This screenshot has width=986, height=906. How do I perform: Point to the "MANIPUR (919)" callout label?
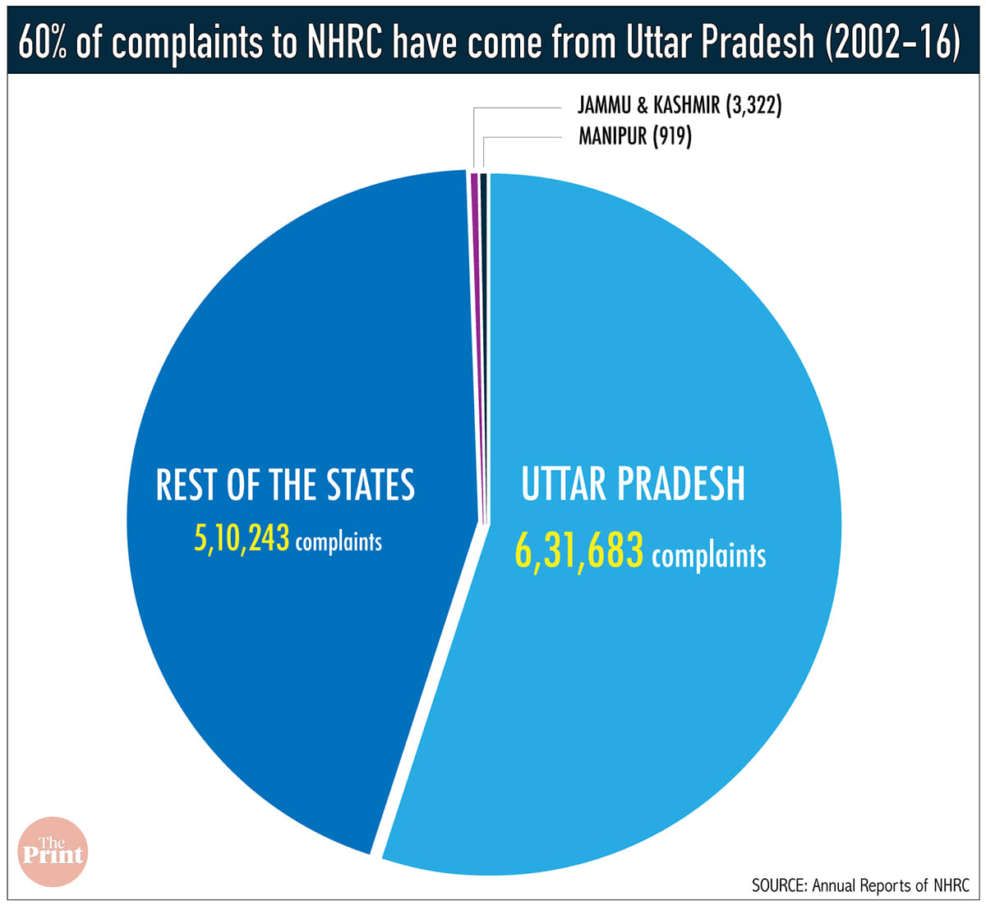tap(634, 136)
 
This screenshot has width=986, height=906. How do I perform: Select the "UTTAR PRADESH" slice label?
tap(633, 485)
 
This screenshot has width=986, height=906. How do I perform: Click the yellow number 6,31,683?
tap(578, 551)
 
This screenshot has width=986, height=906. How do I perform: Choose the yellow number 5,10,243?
tap(242, 539)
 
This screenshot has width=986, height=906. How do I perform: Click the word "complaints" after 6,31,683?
tap(708, 556)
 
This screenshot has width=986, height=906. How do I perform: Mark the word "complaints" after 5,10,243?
tap(339, 542)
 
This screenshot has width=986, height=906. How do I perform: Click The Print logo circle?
tap(52, 852)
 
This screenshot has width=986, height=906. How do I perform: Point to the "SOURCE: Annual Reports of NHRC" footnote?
tap(860, 885)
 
